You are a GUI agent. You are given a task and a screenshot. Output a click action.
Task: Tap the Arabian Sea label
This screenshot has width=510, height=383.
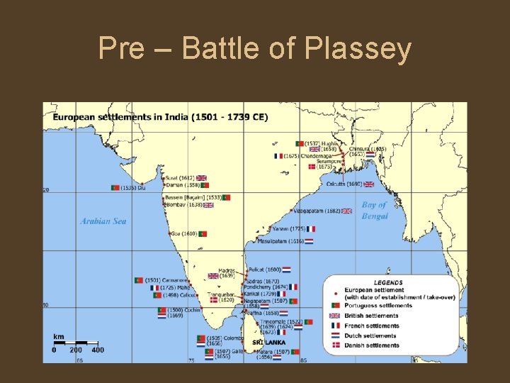pos(103,221)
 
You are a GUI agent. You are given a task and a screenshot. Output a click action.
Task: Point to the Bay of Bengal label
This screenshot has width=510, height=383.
pos(375,211)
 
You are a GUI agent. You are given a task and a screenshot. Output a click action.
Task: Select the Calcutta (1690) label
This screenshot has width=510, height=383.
pos(344,184)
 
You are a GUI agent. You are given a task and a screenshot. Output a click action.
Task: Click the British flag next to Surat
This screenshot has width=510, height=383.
pos(202,178)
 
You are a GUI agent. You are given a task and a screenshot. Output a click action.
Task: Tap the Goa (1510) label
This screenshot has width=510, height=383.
pos(183,233)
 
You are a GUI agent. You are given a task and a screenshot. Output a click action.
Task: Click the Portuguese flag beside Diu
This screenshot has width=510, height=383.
pos(115,188)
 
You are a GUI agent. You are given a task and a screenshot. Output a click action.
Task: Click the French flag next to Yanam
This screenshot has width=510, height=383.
pos(311,229)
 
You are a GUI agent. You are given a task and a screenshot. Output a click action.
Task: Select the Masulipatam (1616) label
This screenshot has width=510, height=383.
pos(281,241)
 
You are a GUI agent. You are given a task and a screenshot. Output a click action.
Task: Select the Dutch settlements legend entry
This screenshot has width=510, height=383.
pos(370,335)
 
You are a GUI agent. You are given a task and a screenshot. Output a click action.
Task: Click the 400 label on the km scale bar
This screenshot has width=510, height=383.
pos(98,350)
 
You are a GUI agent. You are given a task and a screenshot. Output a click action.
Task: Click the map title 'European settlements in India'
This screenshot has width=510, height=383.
pos(155,117)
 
